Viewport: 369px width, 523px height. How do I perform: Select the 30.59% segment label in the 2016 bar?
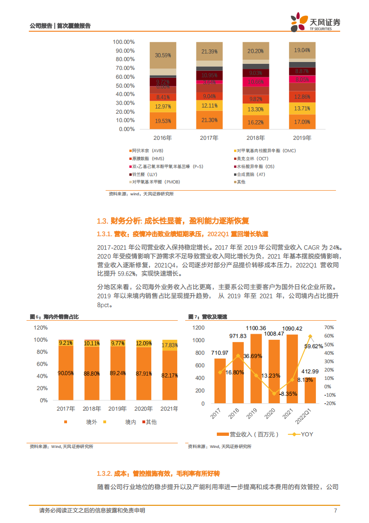tap(163, 55)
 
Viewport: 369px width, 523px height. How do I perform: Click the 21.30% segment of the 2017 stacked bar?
tap(209, 120)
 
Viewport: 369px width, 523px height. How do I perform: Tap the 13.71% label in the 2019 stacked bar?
tap(302, 108)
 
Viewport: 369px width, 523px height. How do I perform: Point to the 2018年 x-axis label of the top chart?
tap(255, 138)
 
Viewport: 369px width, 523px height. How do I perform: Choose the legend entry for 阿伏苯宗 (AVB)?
tap(148, 151)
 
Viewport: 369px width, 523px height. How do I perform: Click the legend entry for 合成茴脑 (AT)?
tap(252, 174)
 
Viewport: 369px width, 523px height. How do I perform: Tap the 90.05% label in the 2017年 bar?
tap(66, 372)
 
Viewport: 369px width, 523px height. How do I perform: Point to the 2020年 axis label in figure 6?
tap(143, 409)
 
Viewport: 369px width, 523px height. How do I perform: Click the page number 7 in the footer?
tap(335, 510)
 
